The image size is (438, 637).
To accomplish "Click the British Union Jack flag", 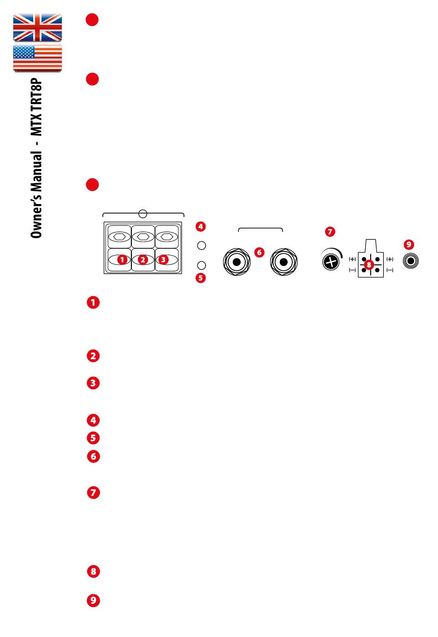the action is pyautogui.click(x=37, y=28).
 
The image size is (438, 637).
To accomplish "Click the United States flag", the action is pyautogui.click(x=37, y=58).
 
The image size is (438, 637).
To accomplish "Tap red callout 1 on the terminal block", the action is pyautogui.click(x=122, y=260).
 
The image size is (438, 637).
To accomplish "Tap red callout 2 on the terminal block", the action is pyautogui.click(x=143, y=260).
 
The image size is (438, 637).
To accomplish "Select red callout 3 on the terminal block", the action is pyautogui.click(x=163, y=260).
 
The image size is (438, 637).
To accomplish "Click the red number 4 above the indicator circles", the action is pyautogui.click(x=200, y=226).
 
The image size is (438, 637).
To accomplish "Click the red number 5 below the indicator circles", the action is pyautogui.click(x=200, y=278).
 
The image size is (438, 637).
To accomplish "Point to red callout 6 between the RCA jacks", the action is pyautogui.click(x=259, y=252).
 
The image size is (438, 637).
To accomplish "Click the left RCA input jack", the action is pyautogui.click(x=237, y=263).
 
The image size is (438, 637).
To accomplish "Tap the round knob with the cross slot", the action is pyautogui.click(x=330, y=262).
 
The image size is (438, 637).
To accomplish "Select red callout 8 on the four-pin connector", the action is pyautogui.click(x=368, y=265).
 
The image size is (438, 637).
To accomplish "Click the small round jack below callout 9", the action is pyautogui.click(x=411, y=261).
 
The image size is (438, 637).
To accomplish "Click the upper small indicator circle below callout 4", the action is pyautogui.click(x=201, y=245).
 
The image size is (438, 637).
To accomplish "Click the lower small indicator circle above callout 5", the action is pyautogui.click(x=201, y=265).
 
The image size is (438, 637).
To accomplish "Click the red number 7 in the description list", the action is pyautogui.click(x=93, y=493).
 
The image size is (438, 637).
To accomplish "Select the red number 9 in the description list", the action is pyautogui.click(x=93, y=601).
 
